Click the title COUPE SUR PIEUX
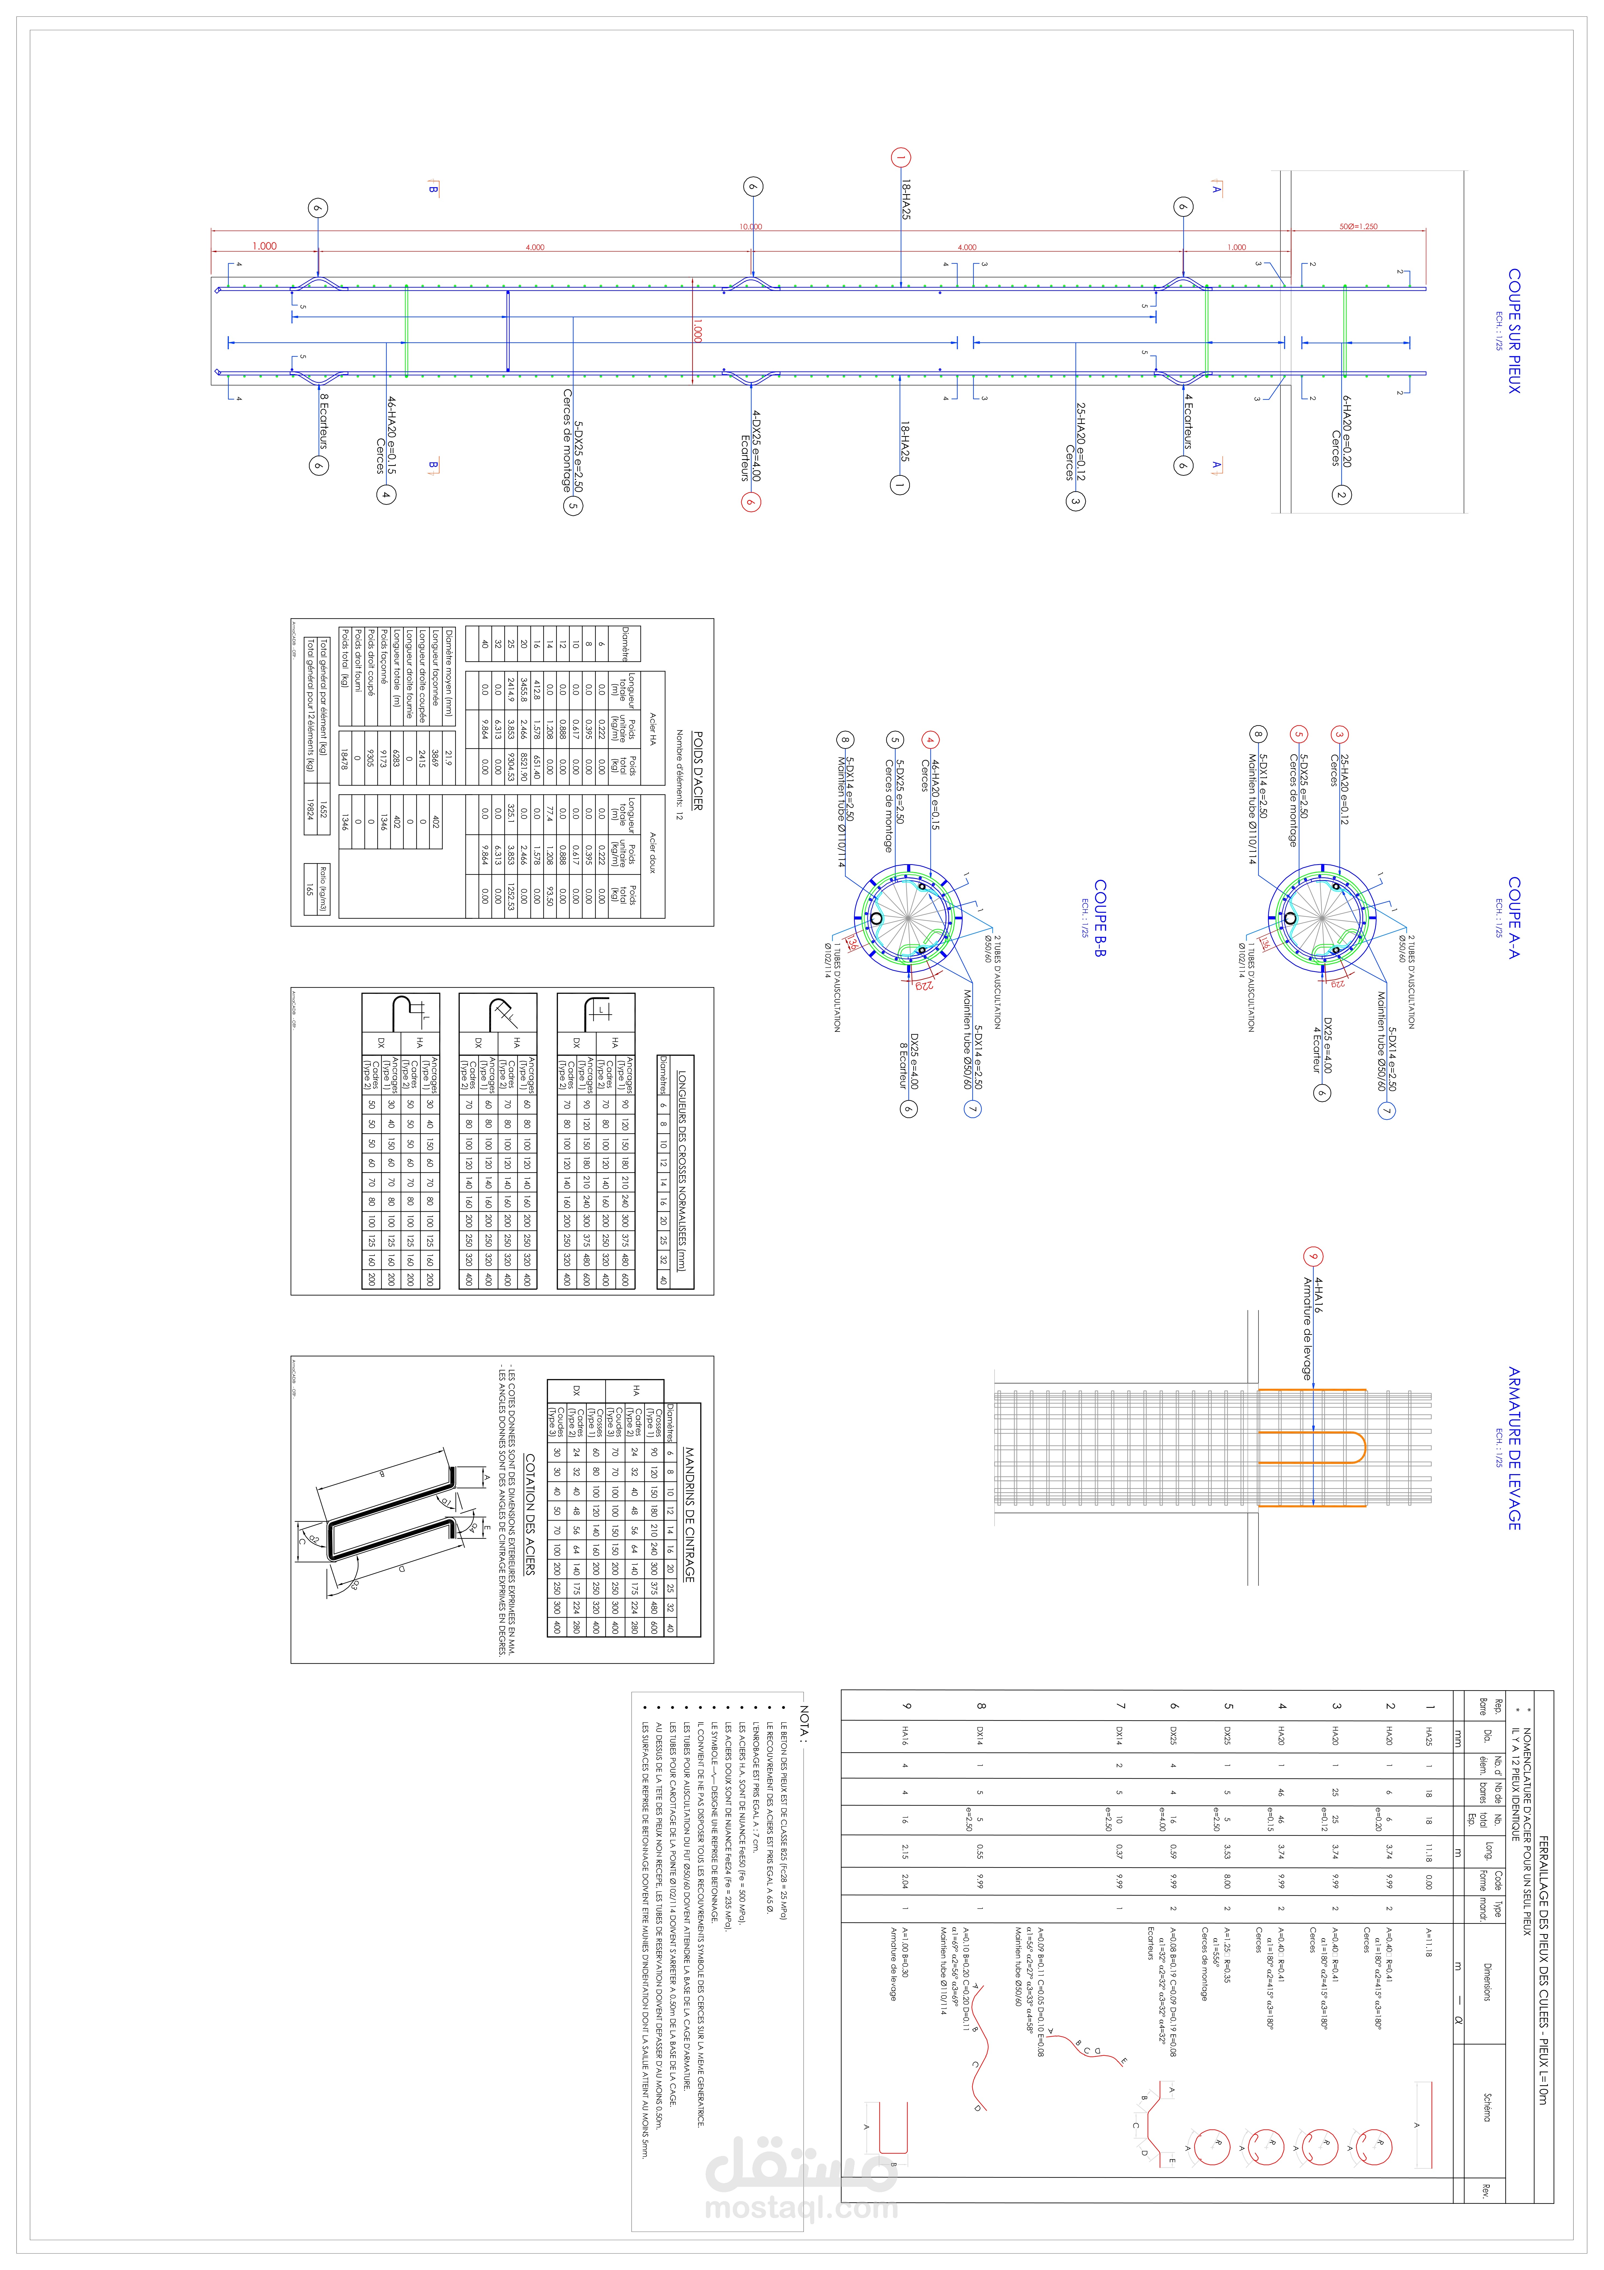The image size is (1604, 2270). (1513, 331)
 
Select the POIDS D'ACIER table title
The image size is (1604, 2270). (697, 771)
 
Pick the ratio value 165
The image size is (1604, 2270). (309, 890)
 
